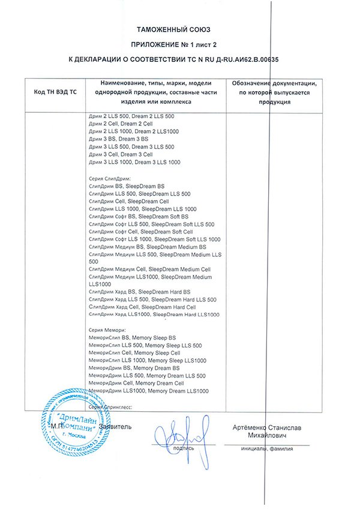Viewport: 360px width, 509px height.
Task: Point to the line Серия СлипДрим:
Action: pyautogui.click(x=109, y=179)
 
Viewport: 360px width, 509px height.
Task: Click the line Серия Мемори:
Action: pyautogui.click(x=106, y=330)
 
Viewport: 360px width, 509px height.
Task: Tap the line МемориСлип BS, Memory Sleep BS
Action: pyautogui.click(x=132, y=338)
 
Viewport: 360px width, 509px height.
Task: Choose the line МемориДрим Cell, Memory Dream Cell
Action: pyautogui.click(x=136, y=383)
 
